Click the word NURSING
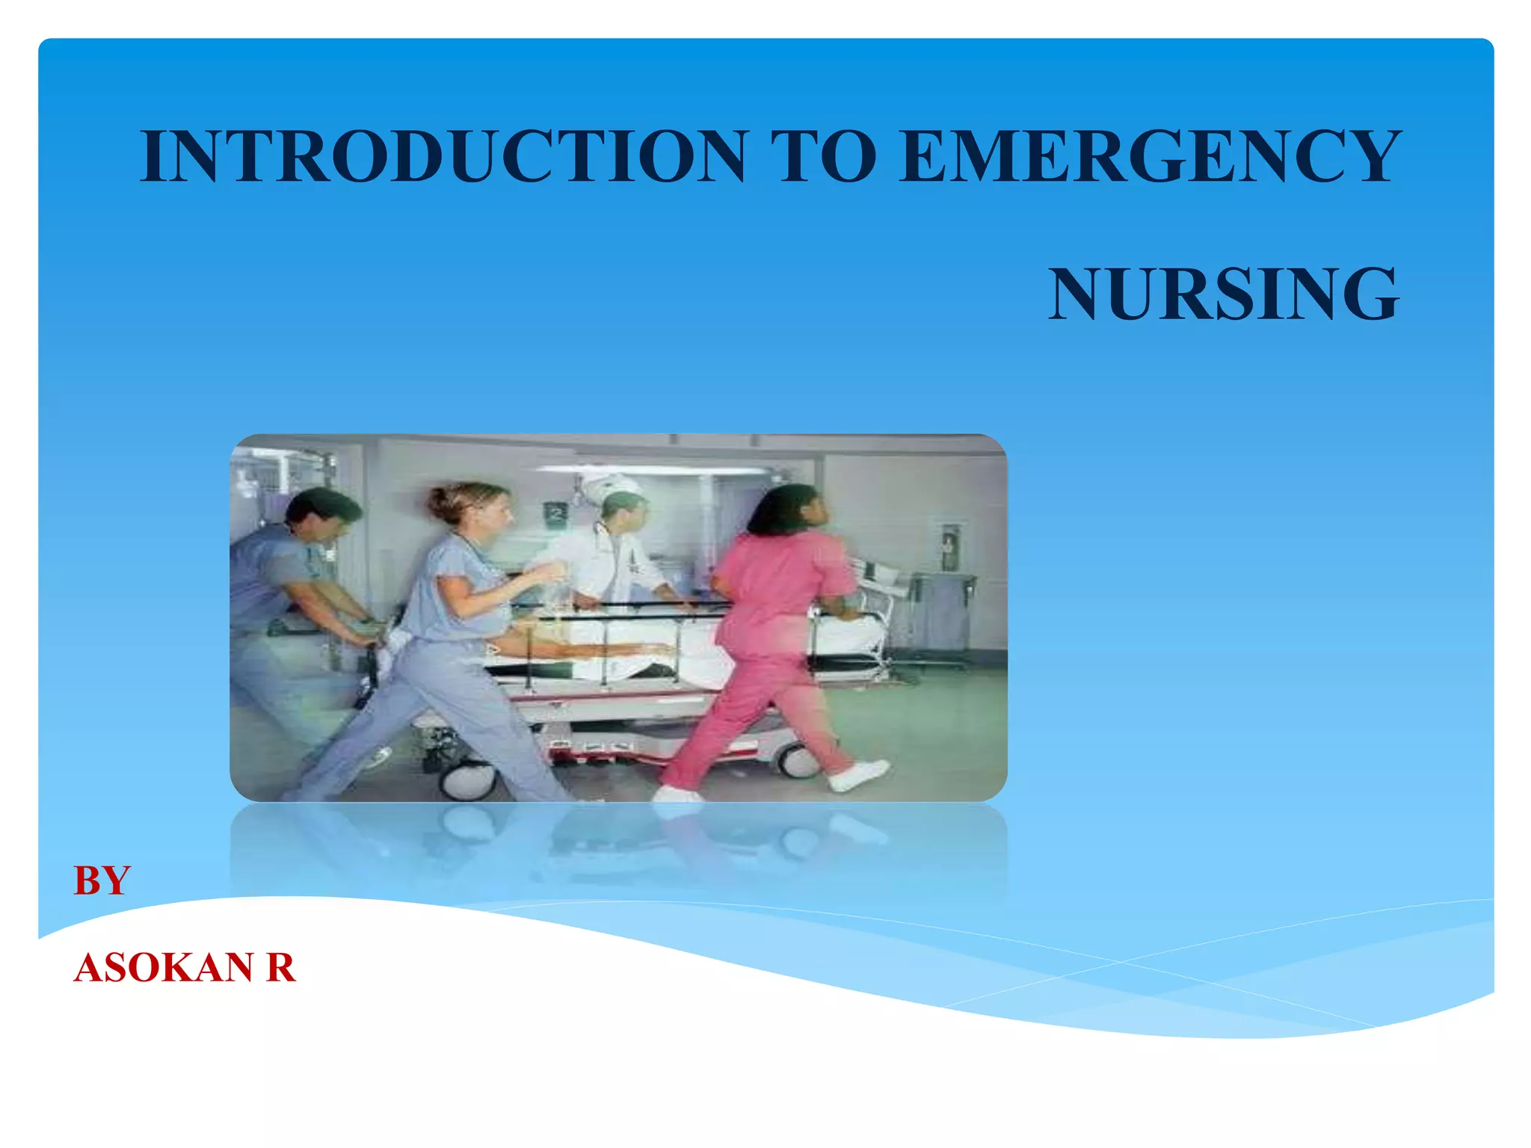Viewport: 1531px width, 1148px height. (1223, 294)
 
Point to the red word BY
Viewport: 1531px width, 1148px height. (102, 881)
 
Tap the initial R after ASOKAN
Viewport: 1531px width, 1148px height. (281, 968)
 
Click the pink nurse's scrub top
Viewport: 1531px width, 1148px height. (777, 590)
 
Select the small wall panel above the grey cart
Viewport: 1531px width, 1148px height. (950, 546)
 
